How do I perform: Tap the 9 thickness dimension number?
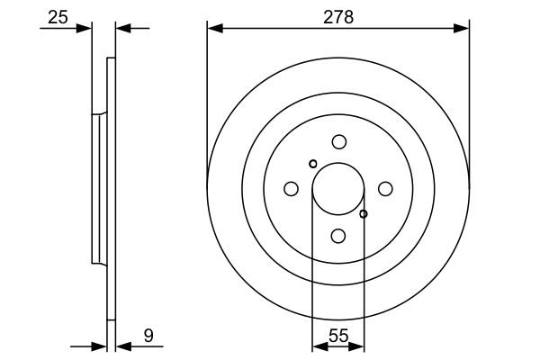click(x=148, y=336)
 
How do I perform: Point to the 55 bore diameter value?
click(x=337, y=335)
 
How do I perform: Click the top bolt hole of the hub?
click(x=338, y=141)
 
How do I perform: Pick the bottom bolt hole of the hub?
click(x=338, y=236)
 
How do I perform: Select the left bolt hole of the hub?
click(x=291, y=189)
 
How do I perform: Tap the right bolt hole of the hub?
click(x=385, y=189)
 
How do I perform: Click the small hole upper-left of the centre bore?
click(x=312, y=164)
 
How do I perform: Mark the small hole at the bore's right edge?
click(x=364, y=214)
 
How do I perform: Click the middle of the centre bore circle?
click(x=338, y=189)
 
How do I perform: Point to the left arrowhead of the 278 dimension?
click(x=213, y=29)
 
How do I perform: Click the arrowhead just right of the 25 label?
click(x=86, y=29)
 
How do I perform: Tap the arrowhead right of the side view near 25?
click(x=123, y=29)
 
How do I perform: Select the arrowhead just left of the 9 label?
click(x=122, y=345)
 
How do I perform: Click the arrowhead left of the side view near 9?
click(x=101, y=345)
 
